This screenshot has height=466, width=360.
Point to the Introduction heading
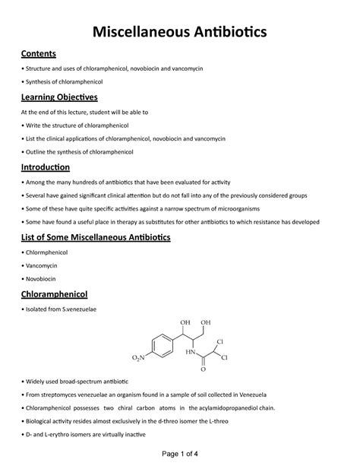(46, 166)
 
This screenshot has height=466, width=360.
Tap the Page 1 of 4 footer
(180, 454)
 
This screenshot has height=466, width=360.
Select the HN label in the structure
(193, 352)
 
